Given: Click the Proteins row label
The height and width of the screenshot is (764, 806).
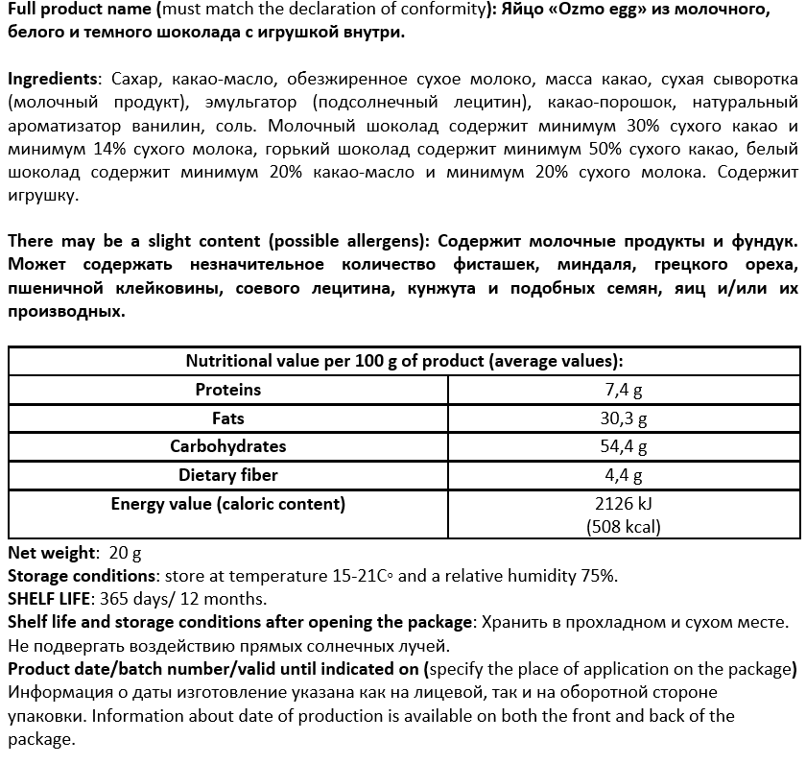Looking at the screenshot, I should [x=228, y=390].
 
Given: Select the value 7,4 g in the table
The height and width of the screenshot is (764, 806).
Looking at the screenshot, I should [x=624, y=391].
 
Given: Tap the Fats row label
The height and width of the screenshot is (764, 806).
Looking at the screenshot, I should [x=228, y=418].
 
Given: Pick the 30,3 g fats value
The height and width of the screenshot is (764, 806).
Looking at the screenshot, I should [x=624, y=419].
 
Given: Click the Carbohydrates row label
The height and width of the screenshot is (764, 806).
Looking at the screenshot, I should [x=228, y=446].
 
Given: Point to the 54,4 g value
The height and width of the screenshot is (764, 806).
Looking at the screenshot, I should [x=624, y=447].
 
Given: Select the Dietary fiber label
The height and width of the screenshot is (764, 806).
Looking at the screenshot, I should [x=228, y=475].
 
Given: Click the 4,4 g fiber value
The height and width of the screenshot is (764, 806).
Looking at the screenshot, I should [x=624, y=476].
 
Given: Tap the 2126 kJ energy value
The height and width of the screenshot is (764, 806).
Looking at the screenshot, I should [x=624, y=504].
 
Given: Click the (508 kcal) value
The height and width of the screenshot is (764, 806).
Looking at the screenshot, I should [x=624, y=526].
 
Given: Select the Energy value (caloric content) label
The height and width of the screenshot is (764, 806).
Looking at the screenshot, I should [x=228, y=504].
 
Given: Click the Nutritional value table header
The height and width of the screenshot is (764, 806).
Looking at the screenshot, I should [x=404, y=361].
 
